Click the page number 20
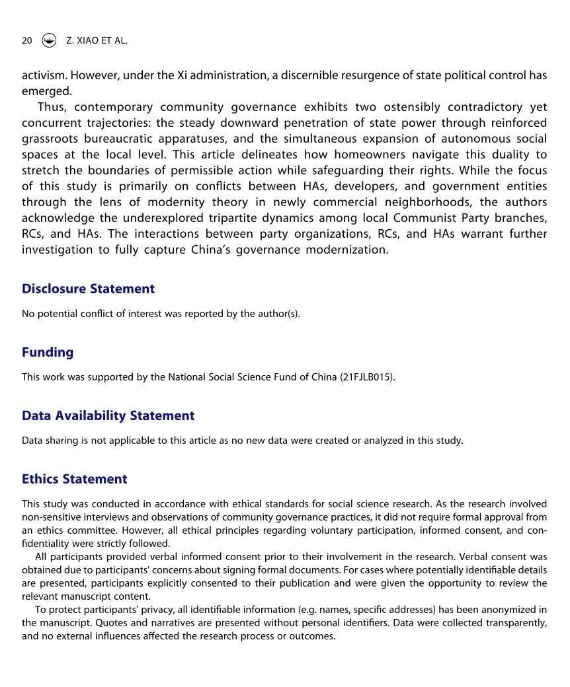tap(27, 40)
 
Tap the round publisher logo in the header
tap(49, 40)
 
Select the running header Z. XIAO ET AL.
tap(97, 40)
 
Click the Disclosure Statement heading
tap(88, 289)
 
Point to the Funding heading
tap(48, 352)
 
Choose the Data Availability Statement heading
tap(108, 416)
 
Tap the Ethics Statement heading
tap(74, 479)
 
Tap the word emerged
tap(46, 91)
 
